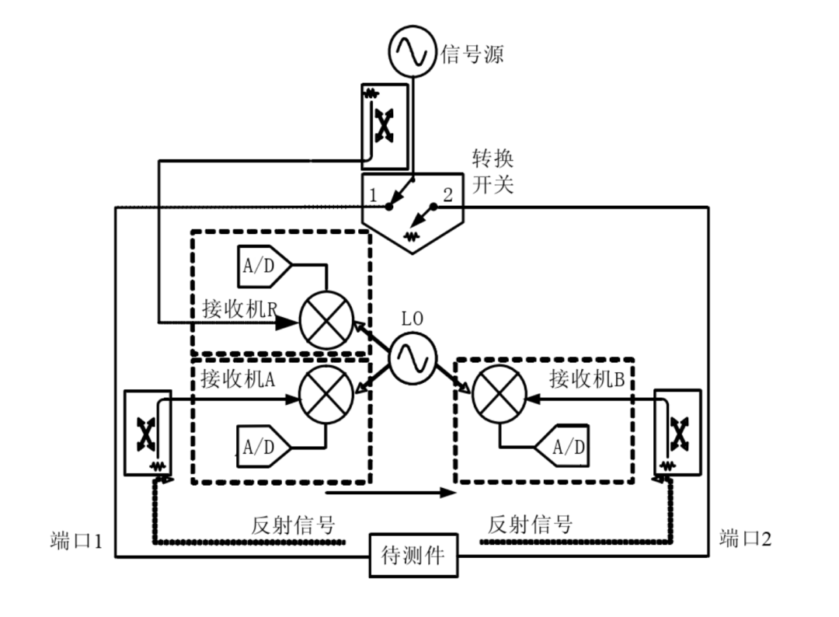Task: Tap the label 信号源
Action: pos(472,54)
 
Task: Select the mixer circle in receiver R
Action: pos(326,321)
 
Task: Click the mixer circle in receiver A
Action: pos(326,399)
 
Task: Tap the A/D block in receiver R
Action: pos(262,267)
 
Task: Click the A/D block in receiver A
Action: pos(262,447)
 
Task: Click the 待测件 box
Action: pos(413,556)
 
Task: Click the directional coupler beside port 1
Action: pos(147,433)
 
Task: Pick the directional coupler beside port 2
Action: pos(677,431)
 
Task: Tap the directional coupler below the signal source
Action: pos(383,127)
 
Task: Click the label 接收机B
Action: pos(587,379)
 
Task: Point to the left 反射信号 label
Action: pos(294,525)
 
